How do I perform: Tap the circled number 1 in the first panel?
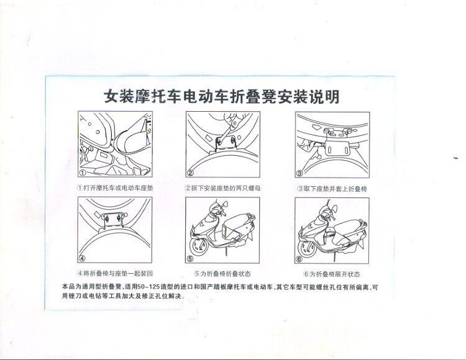(83, 173)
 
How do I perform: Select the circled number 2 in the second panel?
(191, 173)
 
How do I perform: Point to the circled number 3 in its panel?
(299, 173)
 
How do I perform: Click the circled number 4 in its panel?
(82, 259)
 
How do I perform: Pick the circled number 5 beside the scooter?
(192, 259)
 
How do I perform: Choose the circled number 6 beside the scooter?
(299, 259)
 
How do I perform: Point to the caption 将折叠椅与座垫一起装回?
(114, 273)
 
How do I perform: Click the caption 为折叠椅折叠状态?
(222, 273)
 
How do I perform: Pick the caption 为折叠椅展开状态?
(332, 273)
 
